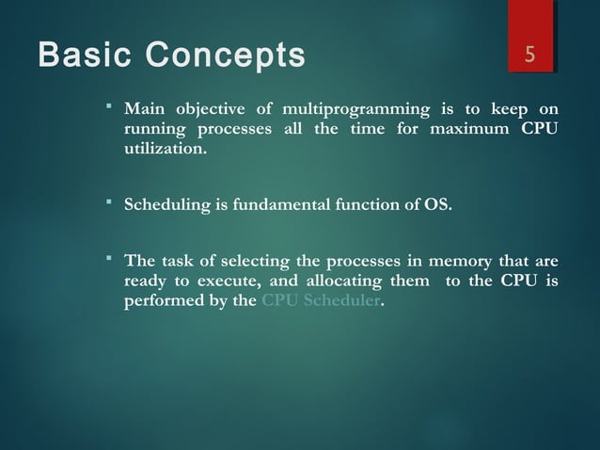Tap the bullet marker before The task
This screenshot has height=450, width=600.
(109, 258)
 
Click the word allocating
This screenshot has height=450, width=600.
(336, 283)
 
